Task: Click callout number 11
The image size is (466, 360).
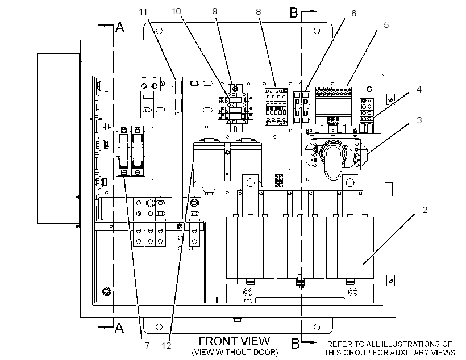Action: click(143, 12)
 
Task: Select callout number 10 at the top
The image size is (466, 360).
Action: click(176, 11)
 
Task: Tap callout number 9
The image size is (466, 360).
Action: click(215, 11)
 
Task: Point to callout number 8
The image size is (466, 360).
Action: click(258, 12)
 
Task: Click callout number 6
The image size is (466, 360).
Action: click(353, 14)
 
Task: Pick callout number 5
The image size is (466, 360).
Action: click(386, 24)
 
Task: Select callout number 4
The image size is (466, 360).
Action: click(419, 89)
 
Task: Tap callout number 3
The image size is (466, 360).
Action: click(419, 120)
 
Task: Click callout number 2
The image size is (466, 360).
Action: click(425, 210)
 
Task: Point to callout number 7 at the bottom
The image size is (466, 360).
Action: click(147, 346)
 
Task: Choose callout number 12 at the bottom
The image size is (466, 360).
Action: click(167, 346)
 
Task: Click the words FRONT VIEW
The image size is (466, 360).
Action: click(234, 341)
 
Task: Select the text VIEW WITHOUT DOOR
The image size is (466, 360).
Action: click(235, 353)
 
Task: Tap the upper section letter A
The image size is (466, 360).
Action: click(120, 28)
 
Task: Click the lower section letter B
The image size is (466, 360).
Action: click(295, 344)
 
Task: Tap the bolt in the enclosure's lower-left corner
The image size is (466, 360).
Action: click(106, 291)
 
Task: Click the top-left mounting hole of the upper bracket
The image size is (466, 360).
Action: click(159, 31)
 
